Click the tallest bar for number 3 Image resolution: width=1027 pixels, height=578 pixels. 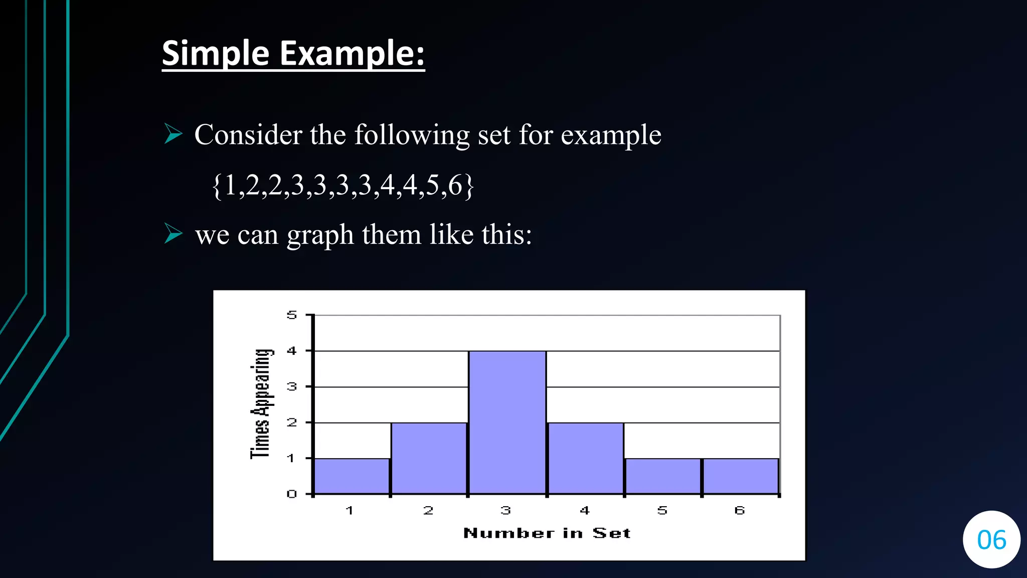[507, 422]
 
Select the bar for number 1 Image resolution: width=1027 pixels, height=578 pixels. [352, 476]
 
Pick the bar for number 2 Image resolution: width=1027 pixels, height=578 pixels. [429, 458]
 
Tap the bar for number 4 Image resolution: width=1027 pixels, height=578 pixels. [585, 458]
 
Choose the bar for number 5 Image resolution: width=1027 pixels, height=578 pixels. [662, 476]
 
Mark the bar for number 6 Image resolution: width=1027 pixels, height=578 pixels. [740, 476]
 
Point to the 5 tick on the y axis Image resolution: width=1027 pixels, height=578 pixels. [292, 315]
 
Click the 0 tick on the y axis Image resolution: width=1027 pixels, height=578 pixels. [292, 494]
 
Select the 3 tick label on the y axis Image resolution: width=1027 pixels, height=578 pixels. [292, 387]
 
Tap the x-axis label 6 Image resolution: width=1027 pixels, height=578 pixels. [740, 511]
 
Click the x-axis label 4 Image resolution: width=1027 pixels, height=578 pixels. [585, 511]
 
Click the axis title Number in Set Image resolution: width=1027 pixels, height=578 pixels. [547, 533]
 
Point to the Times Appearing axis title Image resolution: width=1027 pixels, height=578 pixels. [261, 404]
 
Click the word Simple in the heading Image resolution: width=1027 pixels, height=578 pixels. [216, 53]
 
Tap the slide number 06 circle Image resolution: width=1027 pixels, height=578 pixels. [991, 540]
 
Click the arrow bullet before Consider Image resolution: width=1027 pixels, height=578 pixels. [174, 134]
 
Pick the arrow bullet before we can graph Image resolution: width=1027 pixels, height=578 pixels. [174, 234]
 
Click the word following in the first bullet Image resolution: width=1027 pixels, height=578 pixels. [412, 135]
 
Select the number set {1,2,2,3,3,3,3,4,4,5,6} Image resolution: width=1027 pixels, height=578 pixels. [343, 185]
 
